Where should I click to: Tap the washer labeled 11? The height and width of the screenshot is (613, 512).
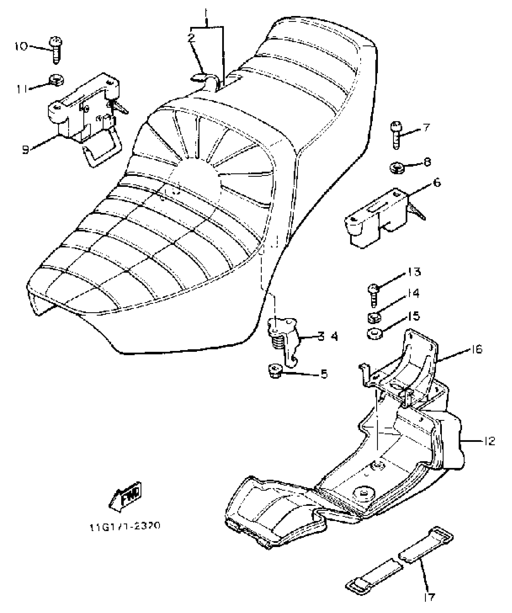click(x=56, y=80)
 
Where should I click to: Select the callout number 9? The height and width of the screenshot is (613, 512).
click(x=26, y=149)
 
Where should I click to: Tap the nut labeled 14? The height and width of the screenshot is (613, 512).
click(x=374, y=317)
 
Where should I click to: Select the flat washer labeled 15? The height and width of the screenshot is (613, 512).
click(x=374, y=334)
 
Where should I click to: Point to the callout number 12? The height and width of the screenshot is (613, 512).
click(x=490, y=441)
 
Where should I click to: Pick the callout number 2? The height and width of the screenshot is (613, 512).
click(x=191, y=38)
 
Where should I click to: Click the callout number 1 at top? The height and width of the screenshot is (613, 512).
click(x=206, y=14)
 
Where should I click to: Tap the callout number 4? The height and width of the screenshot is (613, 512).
click(x=334, y=336)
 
